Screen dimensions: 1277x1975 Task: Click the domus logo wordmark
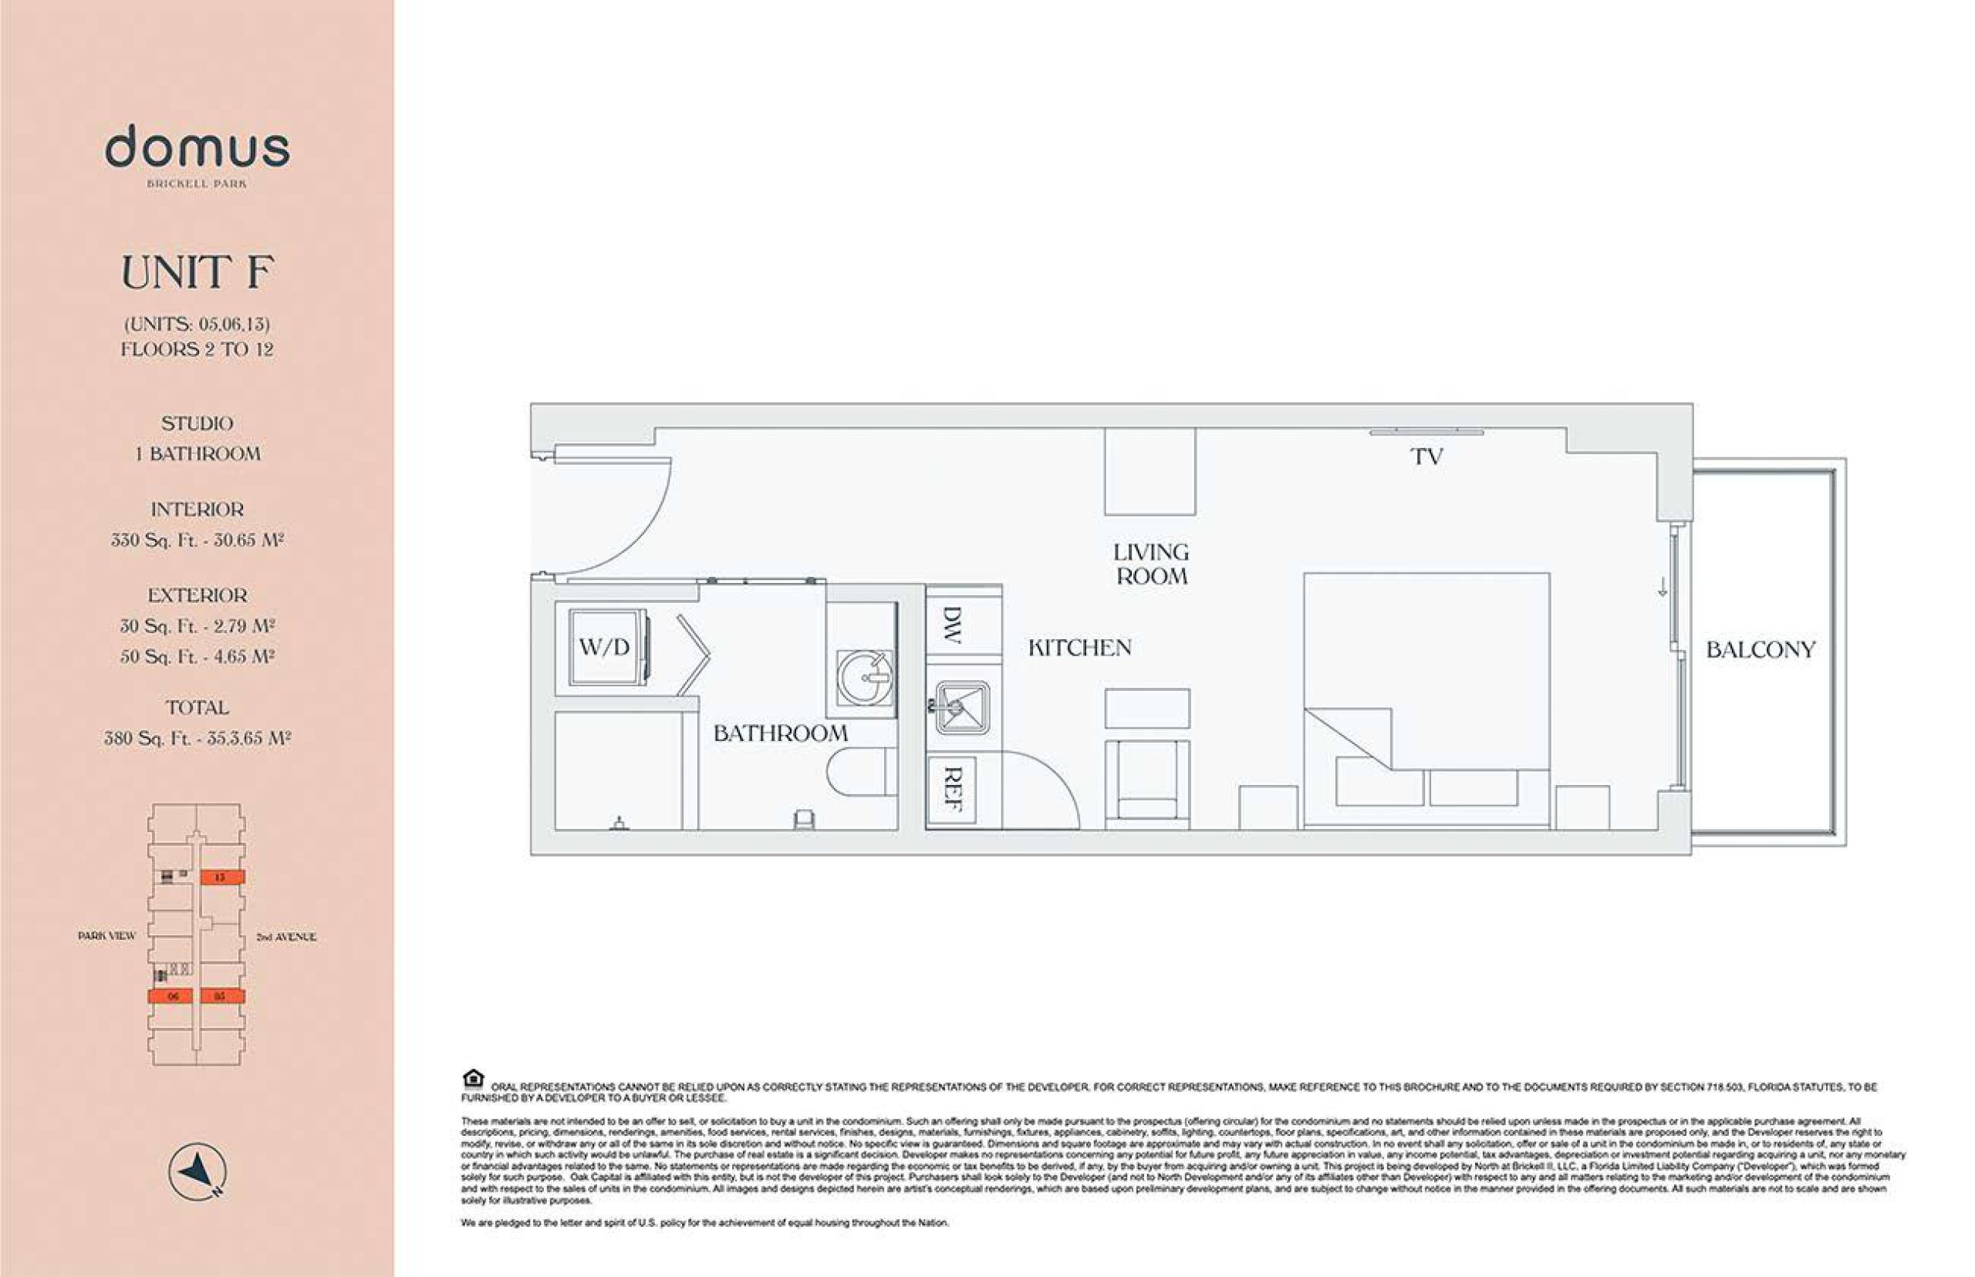click(197, 147)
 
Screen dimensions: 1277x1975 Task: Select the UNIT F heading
click(197, 273)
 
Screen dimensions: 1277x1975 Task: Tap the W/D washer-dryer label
click(604, 648)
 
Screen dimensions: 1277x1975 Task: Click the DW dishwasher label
click(952, 626)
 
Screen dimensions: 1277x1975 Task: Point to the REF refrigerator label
click(952, 789)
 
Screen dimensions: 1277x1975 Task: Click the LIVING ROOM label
click(1151, 564)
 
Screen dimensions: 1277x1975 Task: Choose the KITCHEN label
click(1079, 649)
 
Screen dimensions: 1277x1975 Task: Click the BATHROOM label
click(781, 734)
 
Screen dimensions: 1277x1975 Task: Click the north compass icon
click(197, 1171)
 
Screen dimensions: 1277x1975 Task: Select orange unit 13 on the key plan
click(221, 878)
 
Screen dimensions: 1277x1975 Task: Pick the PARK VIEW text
click(106, 936)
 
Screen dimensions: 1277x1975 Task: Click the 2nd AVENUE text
click(285, 937)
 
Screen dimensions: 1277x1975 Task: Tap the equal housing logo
click(473, 1079)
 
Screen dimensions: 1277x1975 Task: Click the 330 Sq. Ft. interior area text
click(197, 541)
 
